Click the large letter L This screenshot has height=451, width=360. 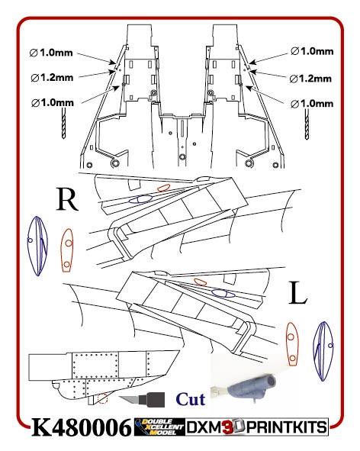click(x=299, y=293)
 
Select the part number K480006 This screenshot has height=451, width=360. click(x=81, y=428)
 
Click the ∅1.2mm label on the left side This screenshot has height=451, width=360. click(x=53, y=78)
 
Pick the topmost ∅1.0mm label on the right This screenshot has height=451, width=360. click(x=312, y=51)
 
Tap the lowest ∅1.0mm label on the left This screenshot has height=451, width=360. click(x=53, y=102)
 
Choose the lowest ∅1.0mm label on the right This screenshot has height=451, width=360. click(x=312, y=102)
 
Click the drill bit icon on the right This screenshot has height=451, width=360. click(x=307, y=124)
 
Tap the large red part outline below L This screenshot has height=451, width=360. click(x=291, y=342)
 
